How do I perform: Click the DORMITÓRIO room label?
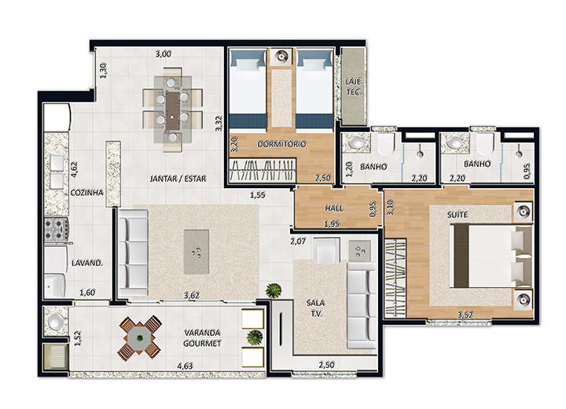pyautogui.click(x=281, y=144)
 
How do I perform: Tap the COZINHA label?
pyautogui.click(x=86, y=193)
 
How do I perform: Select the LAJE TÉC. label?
pyautogui.click(x=354, y=87)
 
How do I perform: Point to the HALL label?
pyautogui.click(x=334, y=208)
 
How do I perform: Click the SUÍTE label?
pyautogui.click(x=458, y=215)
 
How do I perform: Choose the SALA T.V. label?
pyautogui.click(x=315, y=308)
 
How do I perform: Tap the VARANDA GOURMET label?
pyautogui.click(x=202, y=338)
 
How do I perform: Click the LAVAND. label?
pyautogui.click(x=87, y=263)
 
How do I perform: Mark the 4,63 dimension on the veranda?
pyautogui.click(x=185, y=366)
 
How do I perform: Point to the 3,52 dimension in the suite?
pyautogui.click(x=465, y=315)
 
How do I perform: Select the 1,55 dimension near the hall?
pyautogui.click(x=258, y=195)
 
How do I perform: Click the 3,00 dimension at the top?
pyautogui.click(x=164, y=54)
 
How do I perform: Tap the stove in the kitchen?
pyautogui.click(x=57, y=229)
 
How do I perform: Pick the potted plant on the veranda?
pyautogui.click(x=255, y=337)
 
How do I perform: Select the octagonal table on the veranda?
pyautogui.click(x=140, y=338)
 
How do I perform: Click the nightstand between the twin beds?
pyautogui.click(x=281, y=57)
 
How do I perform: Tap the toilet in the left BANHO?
pyautogui.click(x=385, y=142)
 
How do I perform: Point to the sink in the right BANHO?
pyautogui.click(x=452, y=142)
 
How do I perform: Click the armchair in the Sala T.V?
pyautogui.click(x=326, y=249)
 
